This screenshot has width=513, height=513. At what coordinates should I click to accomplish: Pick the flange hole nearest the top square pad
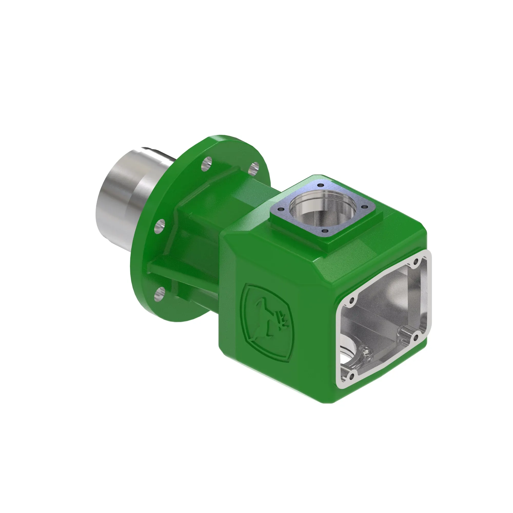click(x=255, y=166)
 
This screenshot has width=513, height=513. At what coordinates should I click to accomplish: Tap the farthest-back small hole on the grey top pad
click(x=321, y=185)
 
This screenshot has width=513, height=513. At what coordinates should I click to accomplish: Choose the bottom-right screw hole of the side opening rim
click(x=416, y=338)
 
